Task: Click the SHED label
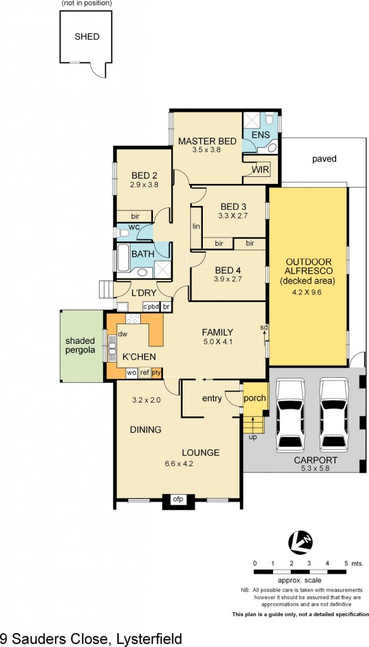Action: pyautogui.click(x=87, y=37)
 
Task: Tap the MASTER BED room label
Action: pyautogui.click(x=207, y=141)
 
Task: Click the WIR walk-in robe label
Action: pyautogui.click(x=260, y=170)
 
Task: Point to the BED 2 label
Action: pyautogui.click(x=144, y=176)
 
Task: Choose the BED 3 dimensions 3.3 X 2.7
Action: pyautogui.click(x=234, y=215)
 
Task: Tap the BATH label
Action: pyautogui.click(x=143, y=255)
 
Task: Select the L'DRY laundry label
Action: pyautogui.click(x=143, y=293)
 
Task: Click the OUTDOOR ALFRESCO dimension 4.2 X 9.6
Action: pyautogui.click(x=308, y=293)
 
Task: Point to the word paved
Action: pyautogui.click(x=324, y=159)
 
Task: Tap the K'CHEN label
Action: pyautogui.click(x=139, y=357)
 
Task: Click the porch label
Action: pyautogui.click(x=255, y=398)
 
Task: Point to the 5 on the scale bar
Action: pyautogui.click(x=346, y=562)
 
